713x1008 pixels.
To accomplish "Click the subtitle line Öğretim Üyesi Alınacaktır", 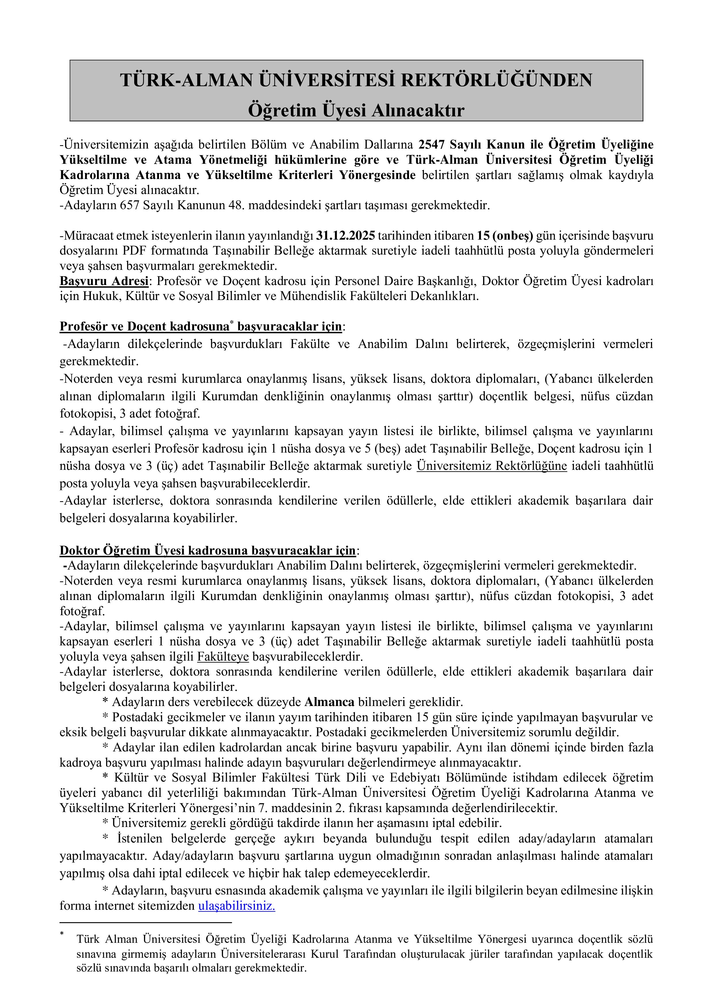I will pyautogui.click(x=356, y=110).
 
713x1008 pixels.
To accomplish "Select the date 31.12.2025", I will pyautogui.click(x=345, y=236).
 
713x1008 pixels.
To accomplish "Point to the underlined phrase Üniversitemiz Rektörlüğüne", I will pyautogui.click(x=492, y=466).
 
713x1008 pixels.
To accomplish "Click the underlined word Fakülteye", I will pyautogui.click(x=223, y=657).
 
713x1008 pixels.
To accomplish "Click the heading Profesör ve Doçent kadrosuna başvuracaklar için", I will pyautogui.click(x=201, y=327).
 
